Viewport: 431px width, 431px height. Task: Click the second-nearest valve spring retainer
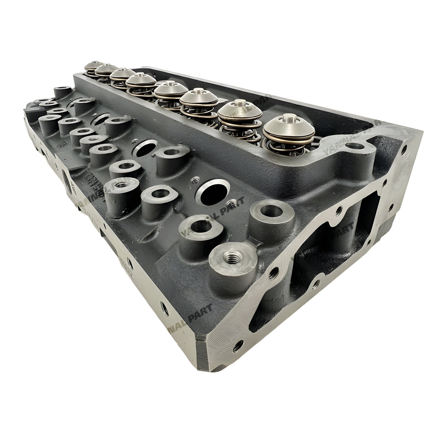click(240, 110)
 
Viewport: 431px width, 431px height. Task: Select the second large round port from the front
click(145, 148)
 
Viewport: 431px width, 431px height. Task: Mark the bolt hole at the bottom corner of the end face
click(238, 346)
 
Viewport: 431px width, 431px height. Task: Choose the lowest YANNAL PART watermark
click(190, 317)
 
